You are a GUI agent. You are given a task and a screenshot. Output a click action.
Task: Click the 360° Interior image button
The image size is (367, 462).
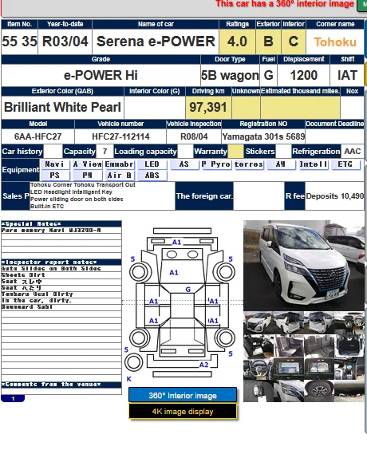183,395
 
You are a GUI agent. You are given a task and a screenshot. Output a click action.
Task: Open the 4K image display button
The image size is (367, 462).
183,411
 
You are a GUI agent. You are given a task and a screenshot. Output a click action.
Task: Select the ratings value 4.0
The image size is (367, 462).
237,41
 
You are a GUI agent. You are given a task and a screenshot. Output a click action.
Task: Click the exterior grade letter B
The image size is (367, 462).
268,41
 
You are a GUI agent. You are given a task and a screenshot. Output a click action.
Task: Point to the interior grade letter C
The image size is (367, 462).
294,41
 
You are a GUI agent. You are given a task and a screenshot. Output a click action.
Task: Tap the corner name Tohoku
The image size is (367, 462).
335,41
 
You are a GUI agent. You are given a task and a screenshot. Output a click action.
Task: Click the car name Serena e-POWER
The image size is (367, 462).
154,41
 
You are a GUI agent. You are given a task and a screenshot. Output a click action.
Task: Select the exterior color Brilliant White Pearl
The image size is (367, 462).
63,106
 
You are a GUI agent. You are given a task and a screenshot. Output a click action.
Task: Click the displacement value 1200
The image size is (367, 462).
303,75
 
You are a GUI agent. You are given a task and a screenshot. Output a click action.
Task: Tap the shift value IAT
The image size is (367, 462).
348,75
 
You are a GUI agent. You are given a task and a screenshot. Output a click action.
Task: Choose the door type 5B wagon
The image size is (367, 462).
230,75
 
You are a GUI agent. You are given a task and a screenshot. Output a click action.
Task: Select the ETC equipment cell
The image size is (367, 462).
345,164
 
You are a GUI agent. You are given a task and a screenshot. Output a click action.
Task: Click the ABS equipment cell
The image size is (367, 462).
152,175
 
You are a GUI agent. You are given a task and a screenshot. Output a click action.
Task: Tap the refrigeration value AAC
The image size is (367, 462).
352,151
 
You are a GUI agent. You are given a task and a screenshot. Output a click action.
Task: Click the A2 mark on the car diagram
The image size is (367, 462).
203,365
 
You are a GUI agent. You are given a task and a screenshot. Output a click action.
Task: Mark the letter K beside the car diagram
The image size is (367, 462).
128,379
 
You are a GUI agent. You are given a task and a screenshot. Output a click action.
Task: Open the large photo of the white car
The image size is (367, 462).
298,263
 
